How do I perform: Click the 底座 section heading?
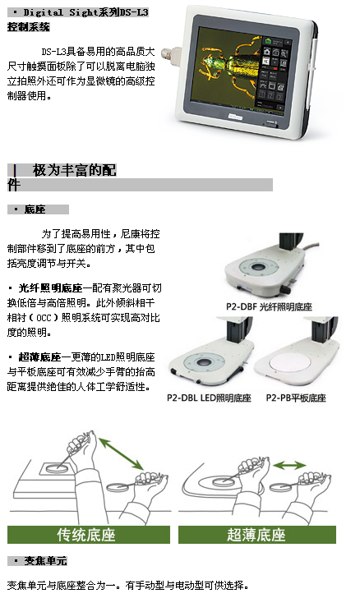pyautogui.click(x=35, y=209)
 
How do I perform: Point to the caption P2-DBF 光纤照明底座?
pyautogui.click(x=269, y=307)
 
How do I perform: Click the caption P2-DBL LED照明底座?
pyautogui.click(x=210, y=398)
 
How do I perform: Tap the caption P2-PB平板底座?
pyautogui.click(x=296, y=398)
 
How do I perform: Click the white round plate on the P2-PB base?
pyautogui.click(x=290, y=362)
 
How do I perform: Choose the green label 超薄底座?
pyautogui.click(x=256, y=535)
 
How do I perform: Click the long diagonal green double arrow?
pyautogui.click(x=121, y=453)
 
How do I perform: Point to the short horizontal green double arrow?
pyautogui.click(x=290, y=465)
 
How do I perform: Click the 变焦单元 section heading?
pyautogui.click(x=45, y=561)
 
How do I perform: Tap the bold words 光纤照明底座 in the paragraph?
pyautogui.click(x=50, y=288)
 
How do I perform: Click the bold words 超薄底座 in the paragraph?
pyautogui.click(x=39, y=357)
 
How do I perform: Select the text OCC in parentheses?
pyautogui.click(x=44, y=318)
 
